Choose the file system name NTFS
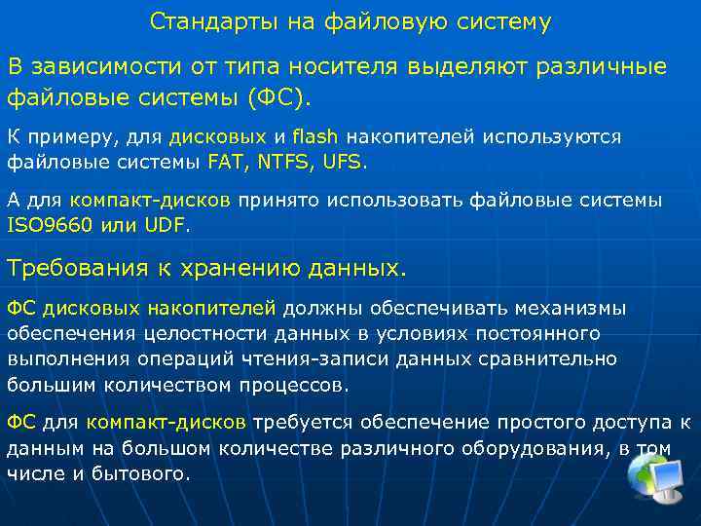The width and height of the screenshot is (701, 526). [282, 161]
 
